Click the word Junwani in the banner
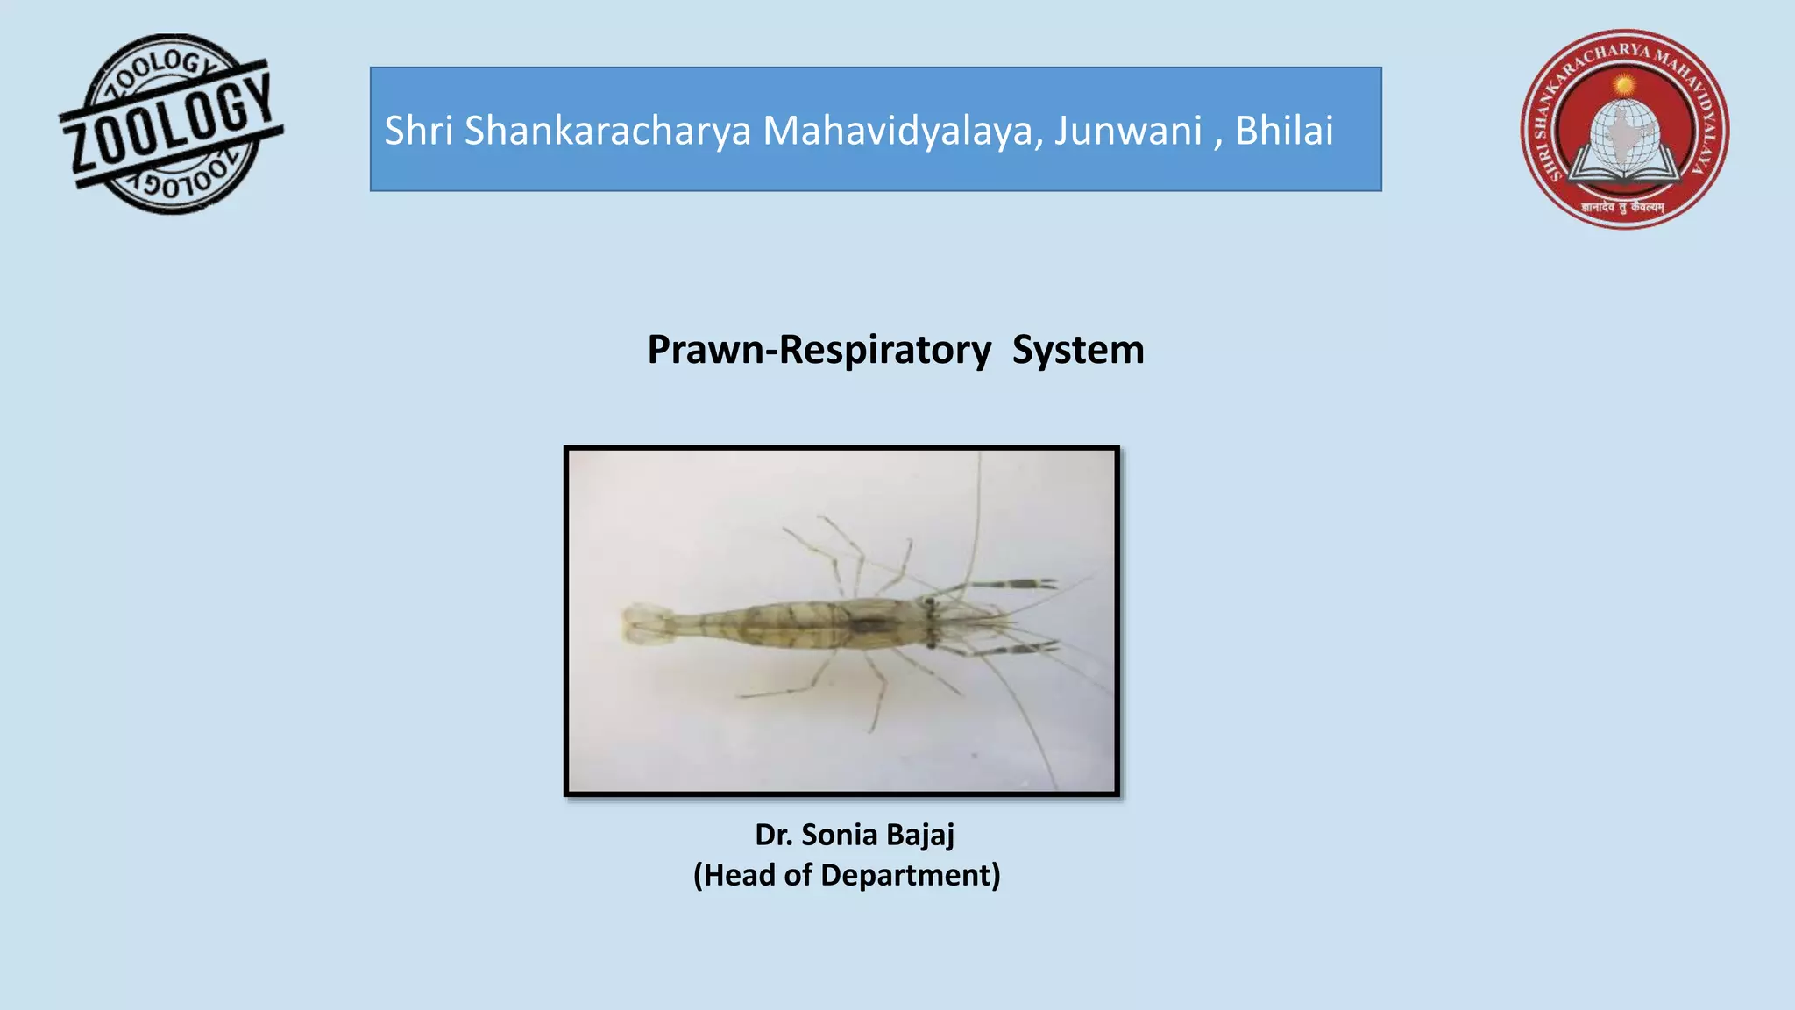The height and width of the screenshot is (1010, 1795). pyautogui.click(x=1127, y=131)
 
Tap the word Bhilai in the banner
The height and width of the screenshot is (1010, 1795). pyautogui.click(x=1284, y=131)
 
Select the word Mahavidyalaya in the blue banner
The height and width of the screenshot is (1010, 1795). pyautogui.click(x=903, y=131)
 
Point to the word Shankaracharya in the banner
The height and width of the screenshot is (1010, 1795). pyautogui.click(x=607, y=131)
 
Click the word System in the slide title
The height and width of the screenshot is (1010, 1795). pyautogui.click(x=1078, y=350)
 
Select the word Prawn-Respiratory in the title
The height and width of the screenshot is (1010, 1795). pyautogui.click(x=819, y=350)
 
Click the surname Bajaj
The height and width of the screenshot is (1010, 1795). pyautogui.click(x=920, y=835)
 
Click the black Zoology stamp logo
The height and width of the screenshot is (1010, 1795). pyautogui.click(x=171, y=124)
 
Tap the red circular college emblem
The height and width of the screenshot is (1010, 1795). pyautogui.click(x=1624, y=130)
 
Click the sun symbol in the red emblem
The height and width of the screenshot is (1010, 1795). pyautogui.click(x=1624, y=85)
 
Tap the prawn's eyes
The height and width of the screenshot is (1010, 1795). pyautogui.click(x=930, y=623)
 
